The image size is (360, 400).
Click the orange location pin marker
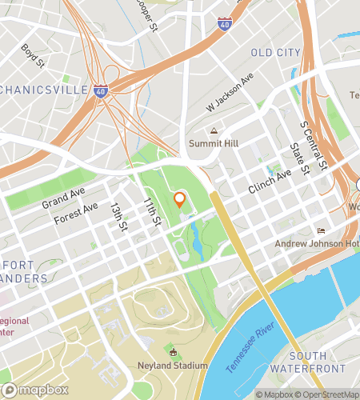point(180,199)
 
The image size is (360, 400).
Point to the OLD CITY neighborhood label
point(276,53)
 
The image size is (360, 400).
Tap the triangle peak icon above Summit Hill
point(214,130)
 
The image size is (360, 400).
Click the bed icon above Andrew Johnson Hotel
point(322,230)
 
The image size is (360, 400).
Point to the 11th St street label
point(152,211)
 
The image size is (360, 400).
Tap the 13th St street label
point(119,218)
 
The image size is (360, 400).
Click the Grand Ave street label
point(62,199)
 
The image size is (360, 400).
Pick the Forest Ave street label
point(77,213)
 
